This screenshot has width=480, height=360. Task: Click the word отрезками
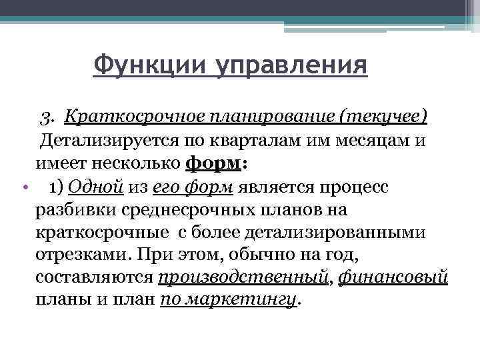[78, 255]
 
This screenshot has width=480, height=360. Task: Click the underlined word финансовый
[393, 278]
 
